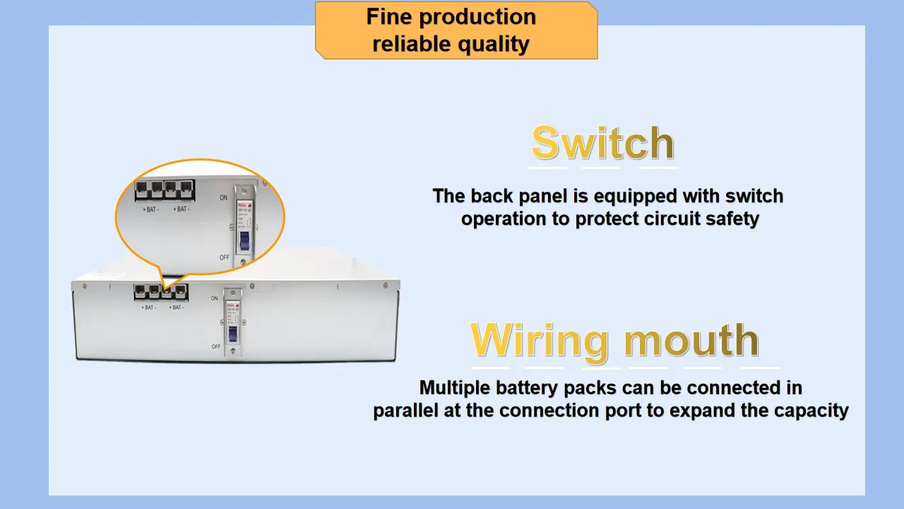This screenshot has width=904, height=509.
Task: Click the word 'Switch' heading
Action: pos(602,144)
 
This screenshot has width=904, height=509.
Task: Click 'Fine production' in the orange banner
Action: pos(451,17)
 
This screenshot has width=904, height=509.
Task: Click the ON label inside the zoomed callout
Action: pos(223,198)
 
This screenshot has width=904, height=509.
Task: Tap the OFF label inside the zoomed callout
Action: pos(225,257)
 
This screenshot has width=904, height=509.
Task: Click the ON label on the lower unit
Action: pos(214,298)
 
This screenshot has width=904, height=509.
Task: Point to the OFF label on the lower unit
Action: pos(216,346)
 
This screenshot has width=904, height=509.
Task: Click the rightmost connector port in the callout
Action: pos(186,190)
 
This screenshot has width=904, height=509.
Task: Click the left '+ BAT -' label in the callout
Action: pos(151,209)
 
